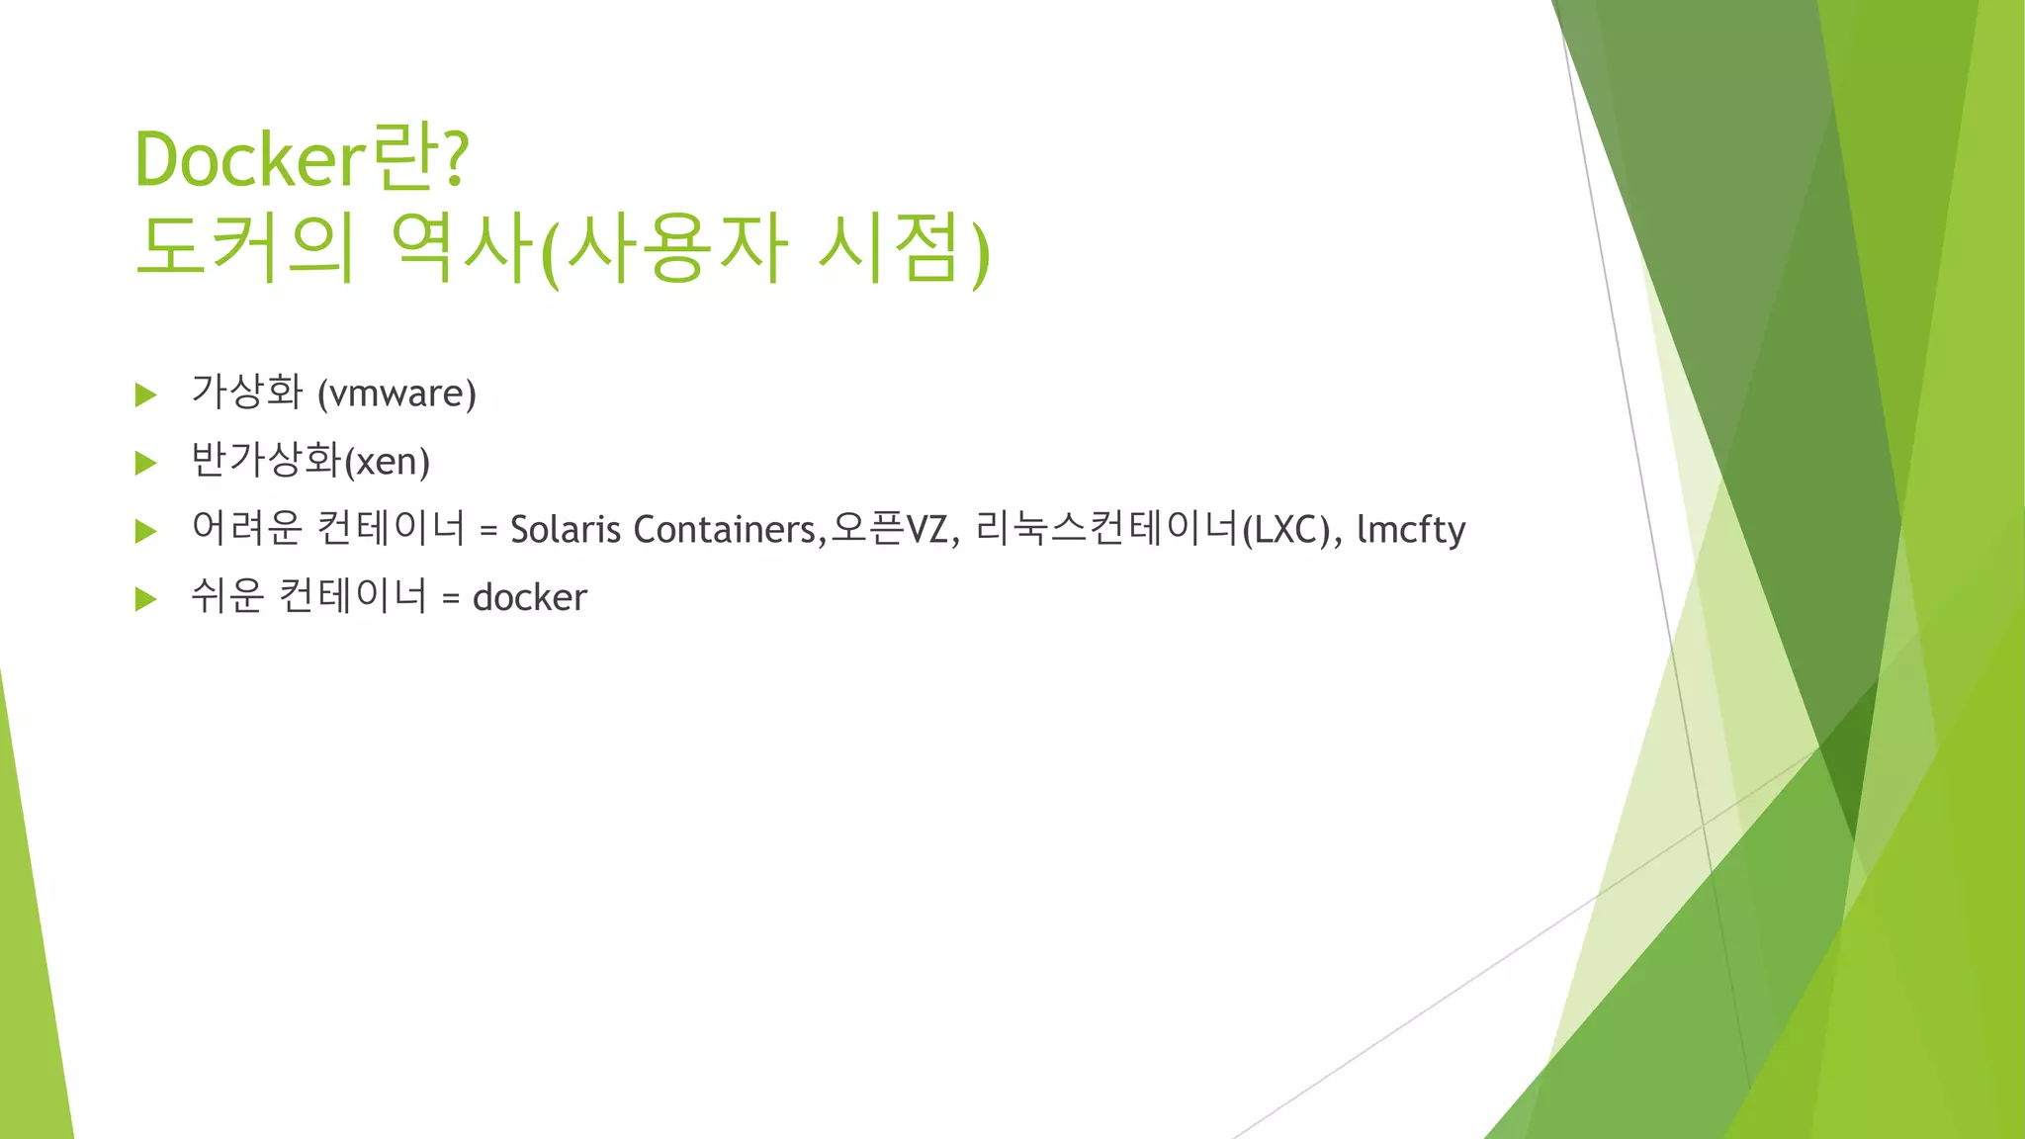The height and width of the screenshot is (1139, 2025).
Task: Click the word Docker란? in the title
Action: click(302, 158)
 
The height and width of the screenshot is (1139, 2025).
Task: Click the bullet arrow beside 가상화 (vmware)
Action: click(146, 395)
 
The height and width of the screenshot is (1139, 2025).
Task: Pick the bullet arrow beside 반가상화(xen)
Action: click(146, 463)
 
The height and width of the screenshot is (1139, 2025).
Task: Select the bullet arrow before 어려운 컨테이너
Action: click(146, 531)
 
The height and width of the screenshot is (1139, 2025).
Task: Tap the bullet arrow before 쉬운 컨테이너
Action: click(146, 598)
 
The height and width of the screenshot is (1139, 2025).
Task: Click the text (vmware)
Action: click(396, 394)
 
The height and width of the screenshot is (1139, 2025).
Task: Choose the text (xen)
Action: click(387, 462)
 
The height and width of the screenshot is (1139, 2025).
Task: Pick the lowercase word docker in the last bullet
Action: click(530, 597)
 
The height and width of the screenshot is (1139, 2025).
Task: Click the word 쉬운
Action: click(227, 596)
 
